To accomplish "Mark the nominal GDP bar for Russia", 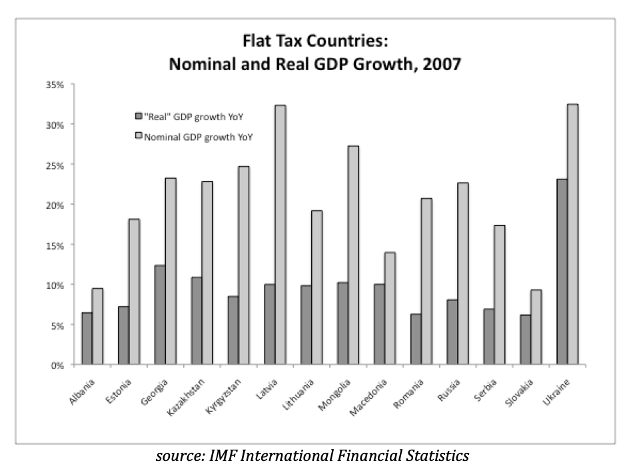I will click(x=462, y=274).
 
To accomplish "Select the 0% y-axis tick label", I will click(x=57, y=365).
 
